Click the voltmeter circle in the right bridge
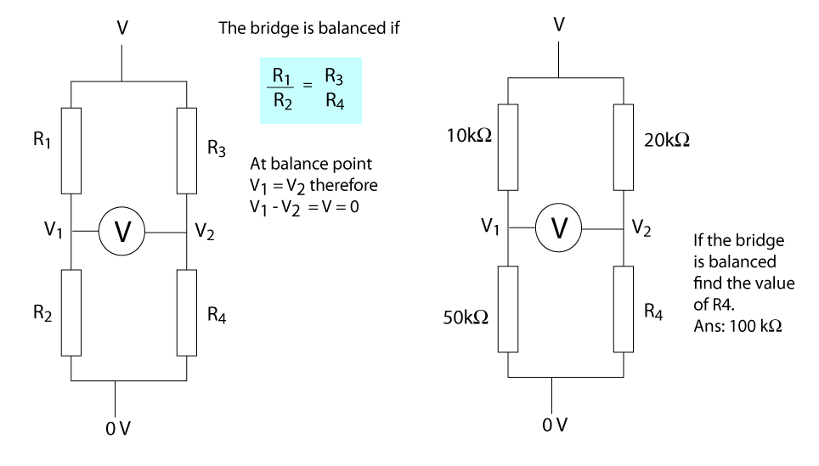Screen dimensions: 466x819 (x=559, y=227)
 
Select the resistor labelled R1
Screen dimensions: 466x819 (x=71, y=151)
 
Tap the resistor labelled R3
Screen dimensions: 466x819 (x=187, y=151)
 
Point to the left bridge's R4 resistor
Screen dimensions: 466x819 (x=187, y=312)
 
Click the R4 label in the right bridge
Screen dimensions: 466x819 (x=652, y=312)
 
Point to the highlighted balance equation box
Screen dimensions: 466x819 (x=311, y=90)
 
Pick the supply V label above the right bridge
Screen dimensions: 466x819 (x=558, y=24)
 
